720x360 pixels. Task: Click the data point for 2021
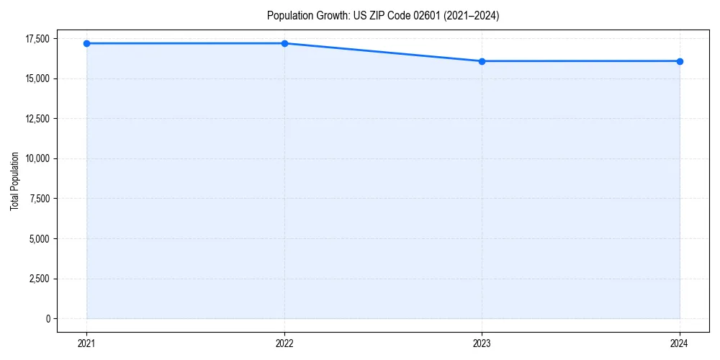[x=86, y=43]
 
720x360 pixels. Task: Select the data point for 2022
[x=284, y=43]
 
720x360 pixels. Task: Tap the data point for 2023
[x=482, y=61]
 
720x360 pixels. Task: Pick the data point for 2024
[x=680, y=61]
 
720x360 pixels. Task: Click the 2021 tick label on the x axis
[x=86, y=343]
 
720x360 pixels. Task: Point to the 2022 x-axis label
[x=284, y=343]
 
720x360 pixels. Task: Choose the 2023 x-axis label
[x=482, y=343]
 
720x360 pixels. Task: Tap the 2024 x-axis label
[x=680, y=343]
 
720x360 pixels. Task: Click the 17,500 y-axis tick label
[x=37, y=38]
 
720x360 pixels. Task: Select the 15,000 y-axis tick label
[x=37, y=78]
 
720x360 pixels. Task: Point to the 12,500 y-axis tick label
[x=37, y=119]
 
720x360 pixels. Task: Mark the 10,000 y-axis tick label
[x=37, y=158]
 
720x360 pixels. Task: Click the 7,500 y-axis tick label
[x=39, y=199]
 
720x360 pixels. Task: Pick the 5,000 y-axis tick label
[x=39, y=238]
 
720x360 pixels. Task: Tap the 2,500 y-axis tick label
[x=39, y=279]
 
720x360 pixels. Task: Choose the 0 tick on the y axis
[x=48, y=318]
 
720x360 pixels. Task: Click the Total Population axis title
[x=14, y=181]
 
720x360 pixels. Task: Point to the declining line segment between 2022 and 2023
[x=383, y=52]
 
